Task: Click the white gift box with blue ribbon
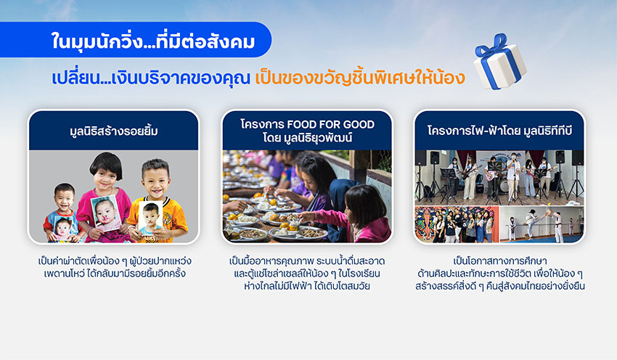499,62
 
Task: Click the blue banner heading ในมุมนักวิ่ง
152,41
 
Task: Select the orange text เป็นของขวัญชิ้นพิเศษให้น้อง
359,77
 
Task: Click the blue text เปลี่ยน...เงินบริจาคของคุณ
151,78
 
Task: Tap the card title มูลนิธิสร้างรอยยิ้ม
114,131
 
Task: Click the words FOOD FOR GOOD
331,124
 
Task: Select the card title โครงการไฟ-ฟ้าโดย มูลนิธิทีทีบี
499,131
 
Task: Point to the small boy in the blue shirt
63,213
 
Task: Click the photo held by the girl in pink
105,213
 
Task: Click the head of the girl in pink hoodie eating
364,205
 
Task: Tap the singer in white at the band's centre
512,178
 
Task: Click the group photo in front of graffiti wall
457,224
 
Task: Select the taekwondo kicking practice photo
542,224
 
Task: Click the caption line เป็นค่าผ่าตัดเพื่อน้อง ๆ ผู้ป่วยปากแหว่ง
115,261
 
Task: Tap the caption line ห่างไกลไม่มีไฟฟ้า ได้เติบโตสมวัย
307,286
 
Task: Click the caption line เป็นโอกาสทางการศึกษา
499,261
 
